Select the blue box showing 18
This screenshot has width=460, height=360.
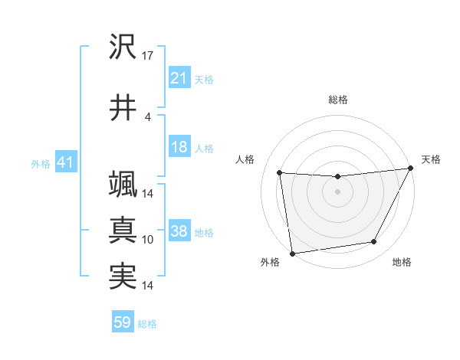tap(179, 148)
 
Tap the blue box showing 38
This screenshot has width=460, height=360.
tap(179, 232)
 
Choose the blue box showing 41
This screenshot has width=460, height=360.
tap(65, 162)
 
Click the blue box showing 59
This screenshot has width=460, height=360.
tap(123, 323)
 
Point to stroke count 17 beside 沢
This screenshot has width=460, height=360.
tap(149, 56)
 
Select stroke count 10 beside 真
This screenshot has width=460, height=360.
tap(148, 240)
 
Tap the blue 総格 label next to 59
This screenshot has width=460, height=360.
tap(147, 324)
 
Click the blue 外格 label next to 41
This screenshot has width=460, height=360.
tap(40, 163)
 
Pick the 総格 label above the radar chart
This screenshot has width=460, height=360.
tap(338, 100)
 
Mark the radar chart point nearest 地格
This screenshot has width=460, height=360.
tap(374, 242)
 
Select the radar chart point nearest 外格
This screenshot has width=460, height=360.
tap(292, 253)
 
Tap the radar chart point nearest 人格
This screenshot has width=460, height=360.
tap(279, 173)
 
